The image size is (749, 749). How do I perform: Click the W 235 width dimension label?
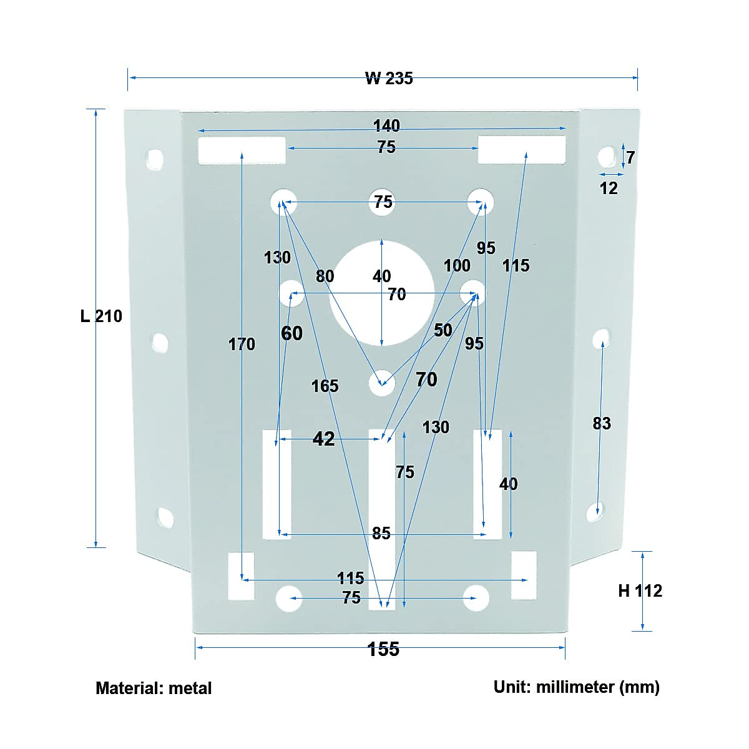pyautogui.click(x=388, y=78)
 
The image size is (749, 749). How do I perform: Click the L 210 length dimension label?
pyautogui.click(x=101, y=316)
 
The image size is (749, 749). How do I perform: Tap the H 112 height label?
pyautogui.click(x=640, y=590)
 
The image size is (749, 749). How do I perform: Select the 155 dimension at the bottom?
pyautogui.click(x=383, y=649)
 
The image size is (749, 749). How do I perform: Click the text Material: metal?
pyautogui.click(x=154, y=688)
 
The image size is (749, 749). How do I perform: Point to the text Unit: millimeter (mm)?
pyautogui.click(x=576, y=687)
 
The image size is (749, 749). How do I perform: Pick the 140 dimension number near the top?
pyautogui.click(x=386, y=126)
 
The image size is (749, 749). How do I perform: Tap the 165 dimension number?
pyautogui.click(x=325, y=386)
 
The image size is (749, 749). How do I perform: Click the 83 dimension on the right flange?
pyautogui.click(x=601, y=424)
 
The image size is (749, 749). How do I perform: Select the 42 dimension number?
pyautogui.click(x=323, y=439)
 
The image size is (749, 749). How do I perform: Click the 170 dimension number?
pyautogui.click(x=242, y=345)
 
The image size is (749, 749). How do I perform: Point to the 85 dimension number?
pyautogui.click(x=381, y=534)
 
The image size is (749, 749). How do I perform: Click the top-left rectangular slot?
pyautogui.click(x=242, y=150)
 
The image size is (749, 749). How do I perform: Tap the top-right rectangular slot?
pyautogui.click(x=522, y=150)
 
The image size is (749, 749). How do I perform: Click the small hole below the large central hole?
pyautogui.click(x=381, y=383)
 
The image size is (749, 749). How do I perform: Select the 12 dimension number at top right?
pyautogui.click(x=608, y=188)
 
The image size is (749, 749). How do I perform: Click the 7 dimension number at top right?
pyautogui.click(x=630, y=158)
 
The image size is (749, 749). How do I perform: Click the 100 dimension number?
pyautogui.click(x=456, y=266)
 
